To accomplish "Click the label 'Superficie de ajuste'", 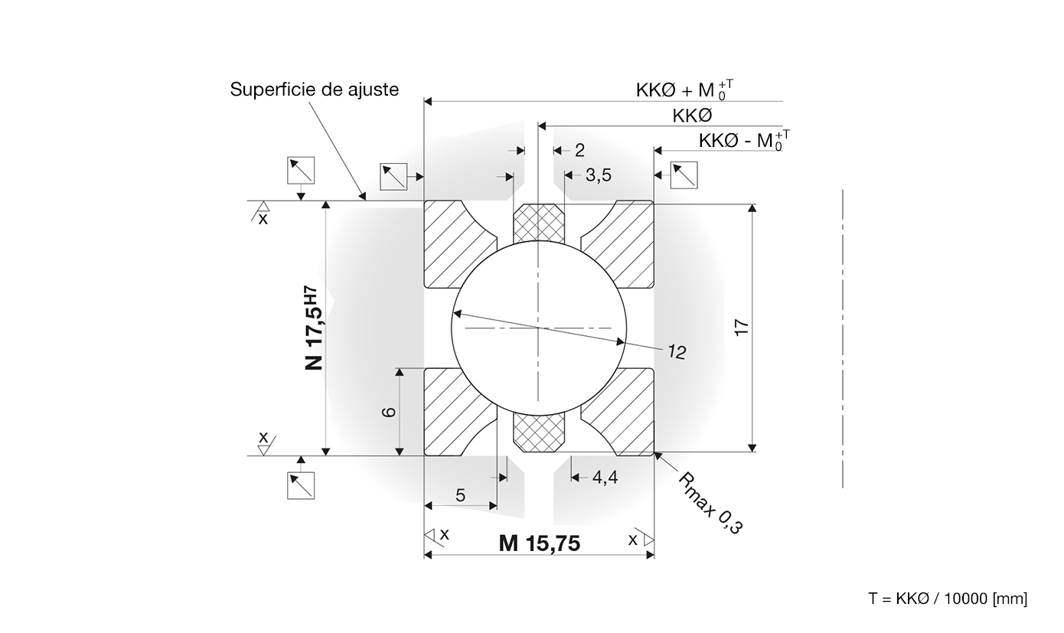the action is tap(315, 90).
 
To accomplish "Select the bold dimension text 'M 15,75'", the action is tap(540, 543).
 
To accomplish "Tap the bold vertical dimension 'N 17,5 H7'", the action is tap(314, 328).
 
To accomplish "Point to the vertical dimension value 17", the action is tap(742, 328).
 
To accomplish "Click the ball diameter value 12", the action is tap(677, 352).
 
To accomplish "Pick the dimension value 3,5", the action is tap(599, 175).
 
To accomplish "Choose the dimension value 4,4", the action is tap(605, 478).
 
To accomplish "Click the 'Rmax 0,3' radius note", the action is tap(710, 503).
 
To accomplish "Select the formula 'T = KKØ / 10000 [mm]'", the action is tap(948, 599).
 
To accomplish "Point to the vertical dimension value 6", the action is tap(389, 411).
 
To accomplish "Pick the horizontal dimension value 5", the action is tap(460, 495).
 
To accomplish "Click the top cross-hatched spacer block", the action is tap(539, 224).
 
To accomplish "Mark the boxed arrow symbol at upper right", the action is tap(684, 175).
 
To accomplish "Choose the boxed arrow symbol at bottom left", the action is tap(301, 485).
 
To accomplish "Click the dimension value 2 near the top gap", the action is tap(579, 151).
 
